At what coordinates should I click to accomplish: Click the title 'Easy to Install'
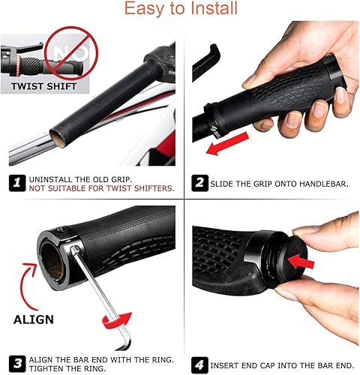(180, 10)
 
